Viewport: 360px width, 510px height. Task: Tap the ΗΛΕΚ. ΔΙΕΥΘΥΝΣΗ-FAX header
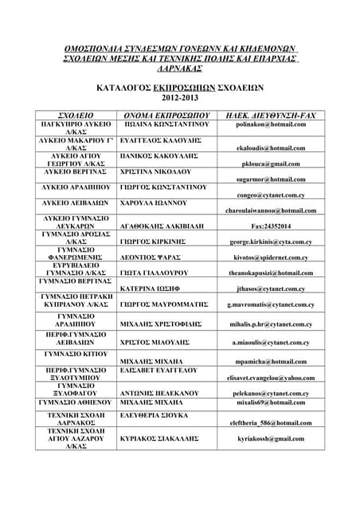click(x=271, y=116)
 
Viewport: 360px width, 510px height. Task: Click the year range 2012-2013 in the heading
click(x=179, y=97)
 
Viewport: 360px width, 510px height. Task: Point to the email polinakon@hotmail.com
click(x=271, y=125)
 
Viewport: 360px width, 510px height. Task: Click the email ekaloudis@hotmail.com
click(x=271, y=148)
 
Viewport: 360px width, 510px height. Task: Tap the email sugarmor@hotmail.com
click(x=271, y=179)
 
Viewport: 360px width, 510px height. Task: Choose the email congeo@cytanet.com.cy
click(x=271, y=195)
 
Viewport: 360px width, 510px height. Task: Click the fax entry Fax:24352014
click(x=271, y=226)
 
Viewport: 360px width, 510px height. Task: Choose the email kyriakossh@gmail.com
click(x=271, y=438)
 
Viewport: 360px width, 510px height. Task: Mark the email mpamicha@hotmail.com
click(x=271, y=361)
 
